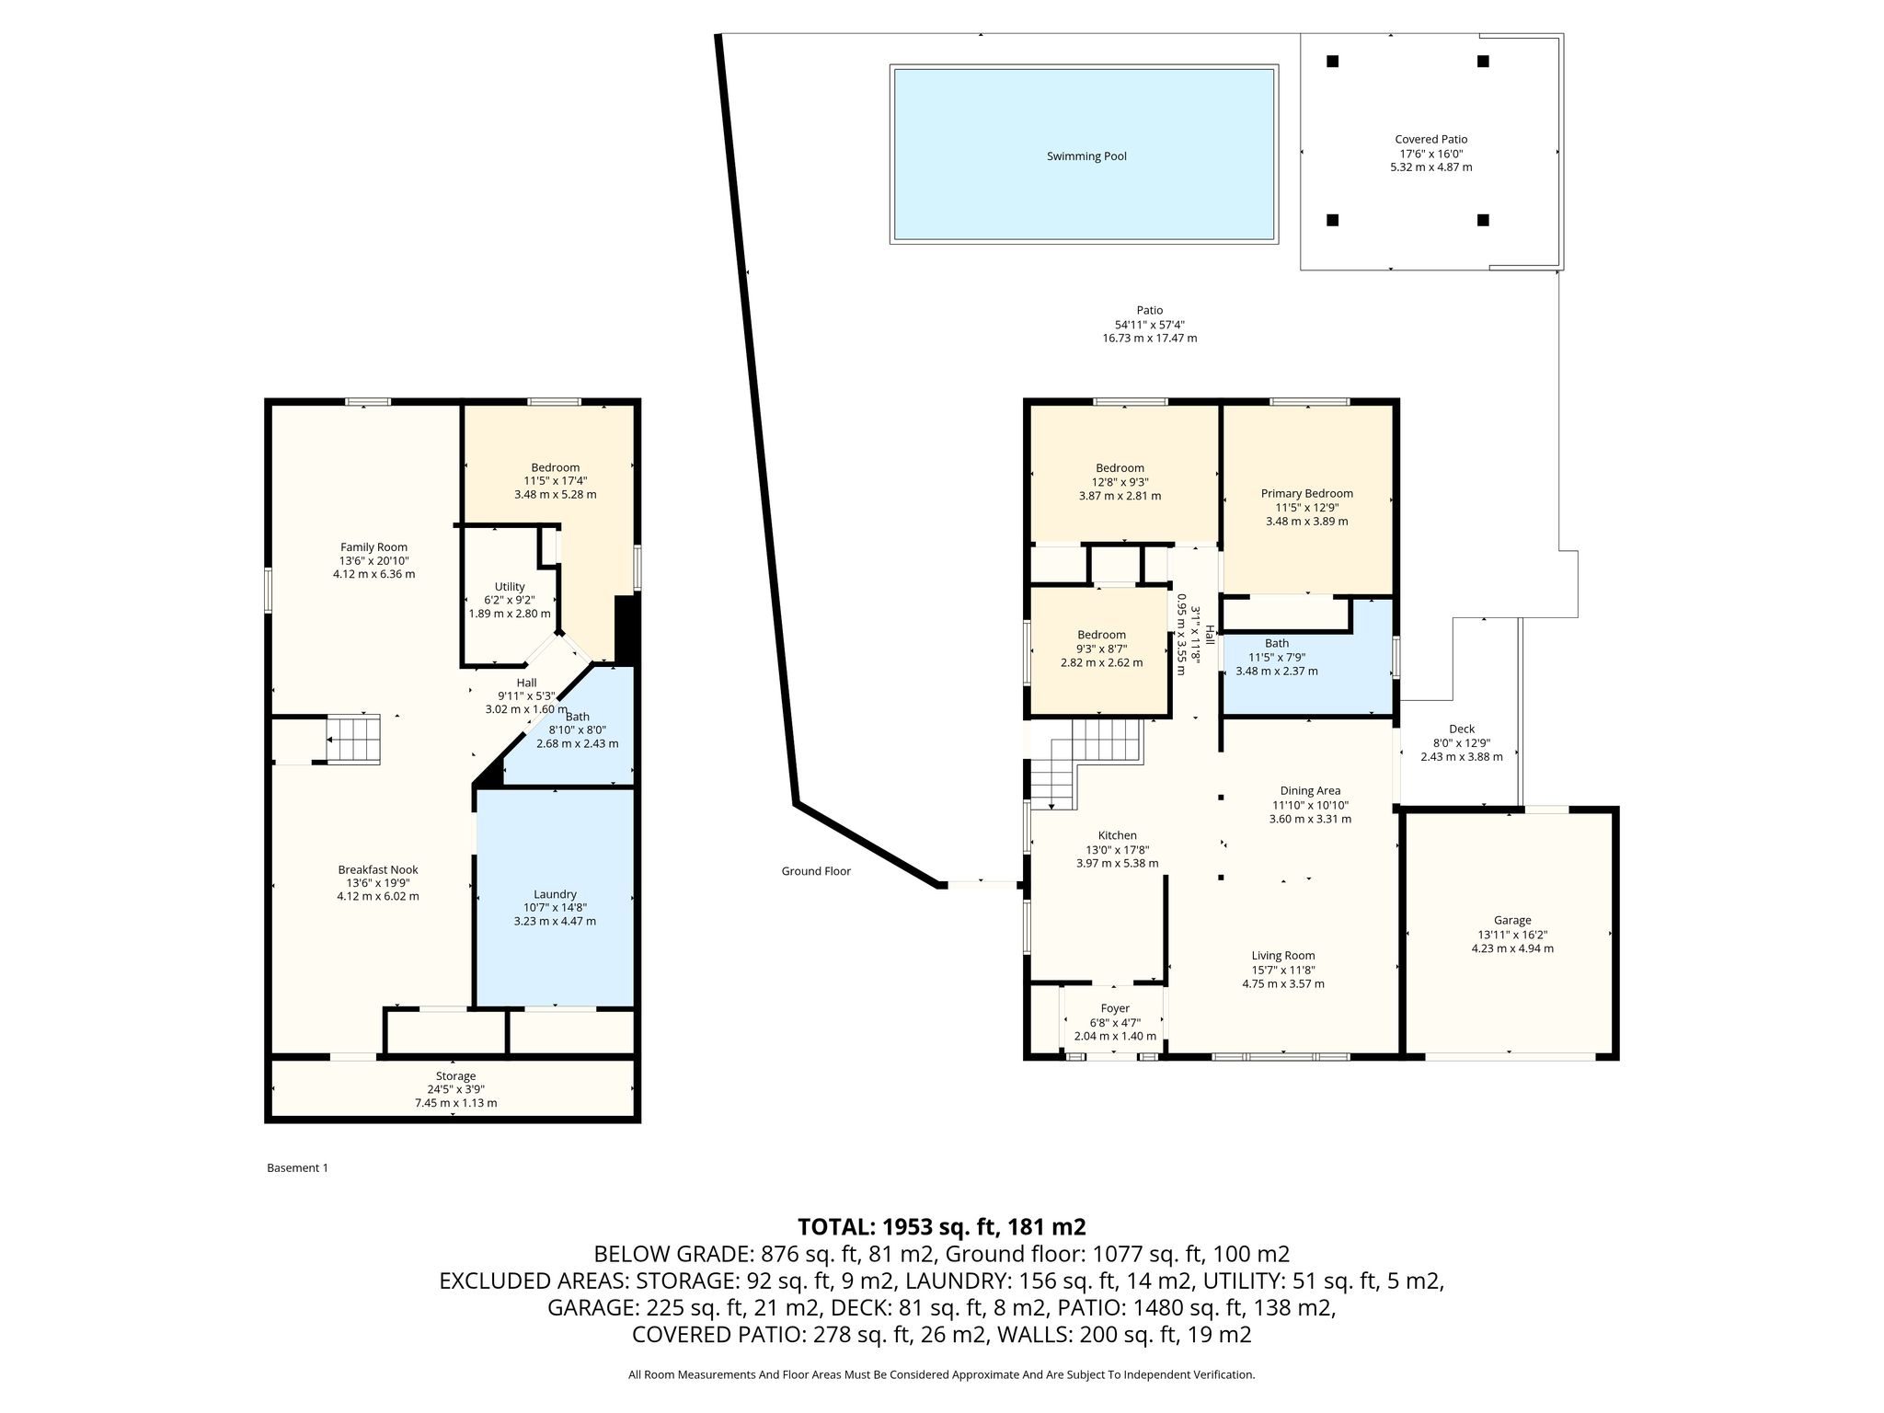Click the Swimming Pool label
click(x=1086, y=156)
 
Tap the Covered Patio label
click(x=1430, y=140)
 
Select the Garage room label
click(x=1512, y=920)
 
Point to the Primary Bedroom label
click(x=1306, y=494)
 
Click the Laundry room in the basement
click(x=555, y=894)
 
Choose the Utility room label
click(x=510, y=587)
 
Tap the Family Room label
click(x=373, y=547)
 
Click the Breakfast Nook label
click(x=378, y=869)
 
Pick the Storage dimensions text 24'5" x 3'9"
click(x=455, y=1089)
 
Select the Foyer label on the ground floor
click(x=1115, y=1008)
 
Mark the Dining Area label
click(x=1310, y=791)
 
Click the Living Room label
click(x=1283, y=956)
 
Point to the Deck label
click(x=1461, y=729)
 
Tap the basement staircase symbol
click(x=353, y=741)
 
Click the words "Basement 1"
click(x=297, y=1168)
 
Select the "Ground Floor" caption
click(x=816, y=871)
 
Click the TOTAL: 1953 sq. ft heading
click(x=942, y=1226)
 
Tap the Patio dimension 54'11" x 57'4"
click(x=1150, y=325)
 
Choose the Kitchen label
click(x=1117, y=836)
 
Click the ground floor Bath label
click(x=1277, y=644)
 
